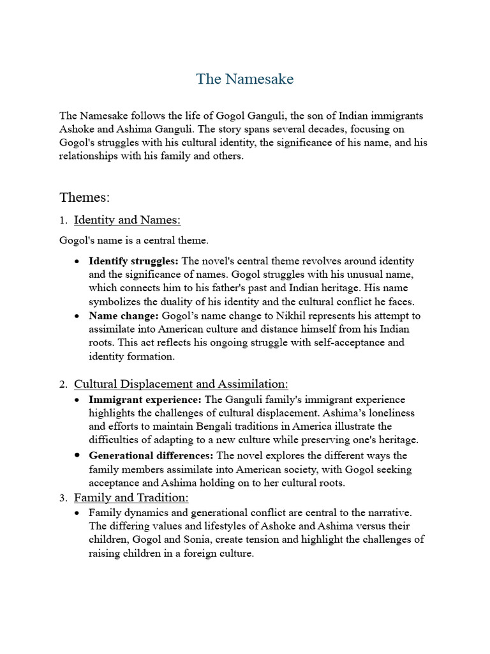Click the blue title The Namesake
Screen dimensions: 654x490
coord(245,79)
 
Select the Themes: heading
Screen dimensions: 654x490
coord(84,197)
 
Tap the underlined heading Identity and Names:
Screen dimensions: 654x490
coord(127,220)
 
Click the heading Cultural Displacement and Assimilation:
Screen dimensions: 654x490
coord(181,384)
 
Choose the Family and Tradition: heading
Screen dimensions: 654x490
coord(131,498)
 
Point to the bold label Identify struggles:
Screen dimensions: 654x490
coord(134,261)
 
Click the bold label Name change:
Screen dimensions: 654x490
coord(124,316)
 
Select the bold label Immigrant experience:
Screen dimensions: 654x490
coord(145,400)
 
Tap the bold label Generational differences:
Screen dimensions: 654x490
coord(151,455)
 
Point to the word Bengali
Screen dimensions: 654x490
coord(202,426)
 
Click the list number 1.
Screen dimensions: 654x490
coord(63,221)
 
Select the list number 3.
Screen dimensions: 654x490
coord(63,498)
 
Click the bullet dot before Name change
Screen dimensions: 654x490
coord(77,316)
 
